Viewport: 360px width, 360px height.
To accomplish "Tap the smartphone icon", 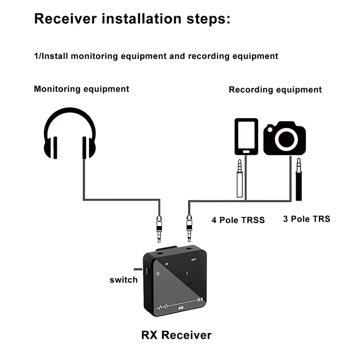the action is (246, 137).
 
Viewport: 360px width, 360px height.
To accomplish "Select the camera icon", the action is (284, 138).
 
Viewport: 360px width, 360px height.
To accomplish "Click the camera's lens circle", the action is (286, 139).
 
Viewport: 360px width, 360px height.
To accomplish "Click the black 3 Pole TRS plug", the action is (298, 179).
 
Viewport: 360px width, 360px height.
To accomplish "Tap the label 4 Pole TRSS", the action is (238, 220).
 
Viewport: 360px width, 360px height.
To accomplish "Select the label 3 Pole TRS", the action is (306, 219).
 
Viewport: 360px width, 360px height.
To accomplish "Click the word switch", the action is (123, 280).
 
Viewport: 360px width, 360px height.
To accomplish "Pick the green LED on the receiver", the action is (187, 273).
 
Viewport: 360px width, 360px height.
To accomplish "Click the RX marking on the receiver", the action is (200, 300).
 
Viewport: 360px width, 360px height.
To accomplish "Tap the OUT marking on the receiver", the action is (194, 260).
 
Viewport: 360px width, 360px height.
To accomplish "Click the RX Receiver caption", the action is (176, 335).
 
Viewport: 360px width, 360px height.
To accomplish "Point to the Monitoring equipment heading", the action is (81, 89).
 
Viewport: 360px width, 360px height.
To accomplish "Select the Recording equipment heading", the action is (275, 90).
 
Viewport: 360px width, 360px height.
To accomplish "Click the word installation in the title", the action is (142, 18).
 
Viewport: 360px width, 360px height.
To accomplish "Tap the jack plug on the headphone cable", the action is (159, 229).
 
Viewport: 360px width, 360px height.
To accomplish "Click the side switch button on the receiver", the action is (147, 270).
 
